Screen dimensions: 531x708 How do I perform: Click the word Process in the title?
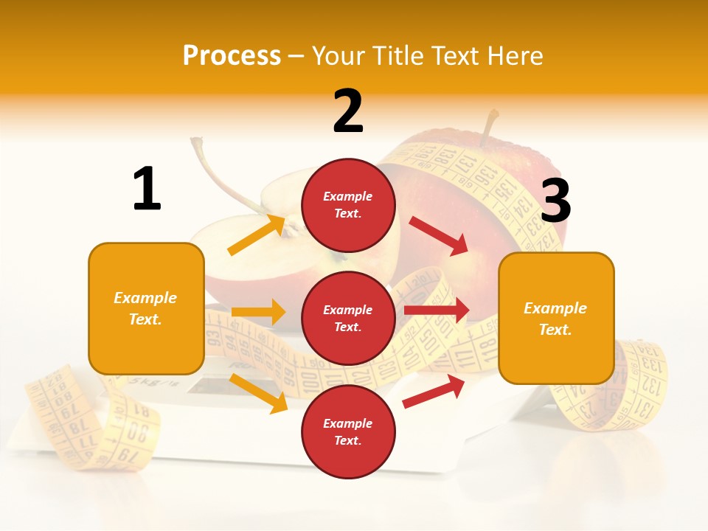coord(232,56)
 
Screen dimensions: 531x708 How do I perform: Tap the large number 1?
coord(147,189)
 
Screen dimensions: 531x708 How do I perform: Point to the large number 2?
coord(348,111)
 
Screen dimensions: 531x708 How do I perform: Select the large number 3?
coord(555,201)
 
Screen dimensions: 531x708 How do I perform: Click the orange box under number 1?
coord(146,308)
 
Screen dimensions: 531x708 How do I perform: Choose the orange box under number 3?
coord(556,318)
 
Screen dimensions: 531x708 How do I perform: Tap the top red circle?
coord(348,205)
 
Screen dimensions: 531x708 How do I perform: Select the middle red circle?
coord(348,318)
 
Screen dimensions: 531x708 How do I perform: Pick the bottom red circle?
coord(348,431)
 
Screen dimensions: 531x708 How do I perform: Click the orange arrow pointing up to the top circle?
coord(257,235)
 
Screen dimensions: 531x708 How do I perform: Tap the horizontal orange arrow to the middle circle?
coord(258,312)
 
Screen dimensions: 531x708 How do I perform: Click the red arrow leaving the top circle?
coord(440,236)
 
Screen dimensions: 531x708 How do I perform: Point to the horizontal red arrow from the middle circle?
coord(436,310)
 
